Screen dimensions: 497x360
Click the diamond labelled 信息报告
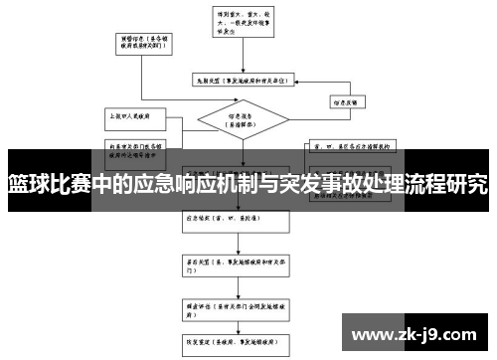click(x=239, y=122)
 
